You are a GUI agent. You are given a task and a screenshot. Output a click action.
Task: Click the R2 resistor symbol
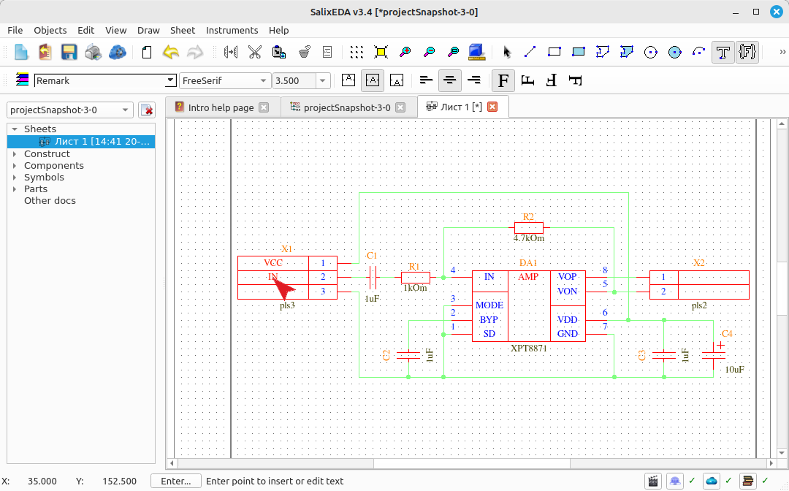click(528, 227)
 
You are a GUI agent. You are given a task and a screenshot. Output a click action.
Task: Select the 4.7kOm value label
click(528, 238)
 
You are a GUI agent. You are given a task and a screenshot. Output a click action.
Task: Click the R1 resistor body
click(415, 277)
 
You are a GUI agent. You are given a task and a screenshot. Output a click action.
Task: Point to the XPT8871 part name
click(528, 348)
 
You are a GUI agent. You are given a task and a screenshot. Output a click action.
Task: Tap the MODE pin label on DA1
click(489, 305)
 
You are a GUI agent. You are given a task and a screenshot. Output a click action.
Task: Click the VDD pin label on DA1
click(567, 320)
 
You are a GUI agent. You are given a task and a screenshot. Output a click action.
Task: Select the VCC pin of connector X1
click(273, 262)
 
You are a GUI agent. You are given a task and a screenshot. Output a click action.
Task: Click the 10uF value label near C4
click(735, 370)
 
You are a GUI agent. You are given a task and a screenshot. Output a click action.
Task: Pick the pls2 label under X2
click(699, 305)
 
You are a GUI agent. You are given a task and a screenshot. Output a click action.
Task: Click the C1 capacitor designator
click(371, 256)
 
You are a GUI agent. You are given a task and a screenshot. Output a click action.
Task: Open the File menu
click(15, 30)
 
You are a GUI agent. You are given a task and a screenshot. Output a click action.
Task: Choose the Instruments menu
click(232, 30)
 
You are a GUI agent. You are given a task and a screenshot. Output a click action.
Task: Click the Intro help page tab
click(221, 107)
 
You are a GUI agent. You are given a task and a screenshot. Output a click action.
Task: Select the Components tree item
click(54, 166)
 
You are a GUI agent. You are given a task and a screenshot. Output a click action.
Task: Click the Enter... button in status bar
click(175, 482)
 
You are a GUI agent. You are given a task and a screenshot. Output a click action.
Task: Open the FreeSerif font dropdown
click(224, 80)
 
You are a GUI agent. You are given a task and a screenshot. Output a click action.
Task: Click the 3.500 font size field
click(294, 80)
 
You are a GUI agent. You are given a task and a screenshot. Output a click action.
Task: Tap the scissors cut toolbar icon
click(255, 52)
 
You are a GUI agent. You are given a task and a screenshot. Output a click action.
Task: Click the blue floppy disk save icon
click(69, 52)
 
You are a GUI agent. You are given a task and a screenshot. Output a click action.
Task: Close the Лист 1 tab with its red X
click(492, 107)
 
